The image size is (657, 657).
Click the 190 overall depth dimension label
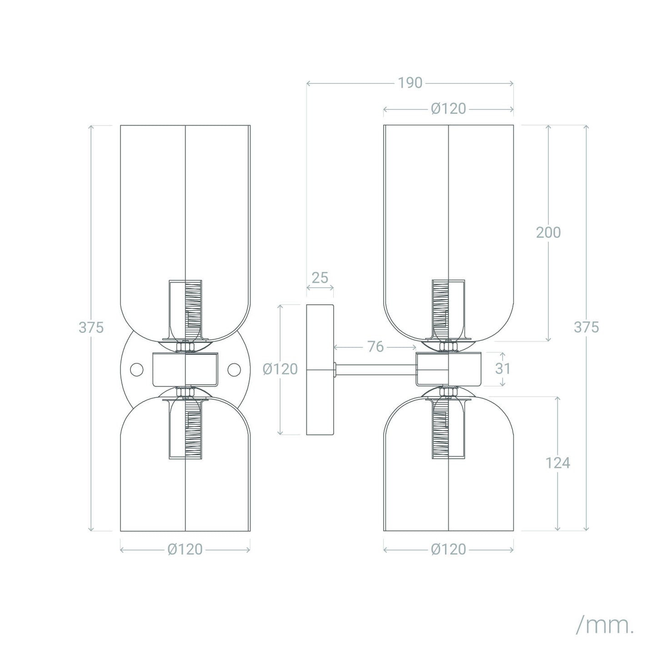click(x=410, y=83)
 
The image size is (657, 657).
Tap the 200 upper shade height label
click(x=548, y=232)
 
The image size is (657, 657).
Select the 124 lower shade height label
click(x=558, y=463)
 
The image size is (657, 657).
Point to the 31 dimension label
click(x=503, y=369)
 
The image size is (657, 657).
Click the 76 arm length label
click(x=376, y=347)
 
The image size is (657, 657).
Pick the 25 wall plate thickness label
click(x=320, y=278)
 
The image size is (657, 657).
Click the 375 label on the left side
click(x=91, y=328)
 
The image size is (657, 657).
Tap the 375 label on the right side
click(x=587, y=327)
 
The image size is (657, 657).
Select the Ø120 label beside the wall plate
click(x=280, y=369)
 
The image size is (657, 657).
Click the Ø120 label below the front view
click(x=185, y=549)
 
